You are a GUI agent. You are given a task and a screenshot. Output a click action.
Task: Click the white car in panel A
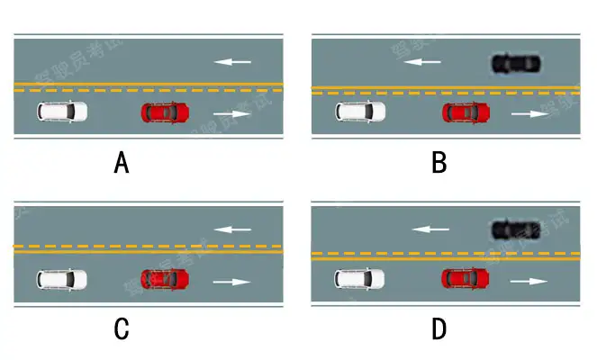(62, 112)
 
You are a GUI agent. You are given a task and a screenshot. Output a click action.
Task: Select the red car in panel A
(165, 112)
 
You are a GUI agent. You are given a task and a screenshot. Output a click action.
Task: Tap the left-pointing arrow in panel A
(232, 62)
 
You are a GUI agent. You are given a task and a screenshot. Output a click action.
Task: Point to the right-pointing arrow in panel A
(232, 114)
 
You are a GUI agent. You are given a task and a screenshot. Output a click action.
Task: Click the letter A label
(122, 164)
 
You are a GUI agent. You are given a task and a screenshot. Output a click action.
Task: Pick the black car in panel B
(516, 63)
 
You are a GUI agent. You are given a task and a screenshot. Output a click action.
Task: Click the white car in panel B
(360, 112)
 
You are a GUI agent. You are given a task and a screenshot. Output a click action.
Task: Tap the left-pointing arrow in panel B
(421, 62)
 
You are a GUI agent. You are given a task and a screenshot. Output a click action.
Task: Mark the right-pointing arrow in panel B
(529, 114)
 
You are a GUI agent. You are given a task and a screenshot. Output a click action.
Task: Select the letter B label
(439, 164)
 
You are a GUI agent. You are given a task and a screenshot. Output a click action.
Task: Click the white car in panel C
(62, 279)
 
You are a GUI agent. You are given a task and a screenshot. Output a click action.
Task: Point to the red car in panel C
(165, 279)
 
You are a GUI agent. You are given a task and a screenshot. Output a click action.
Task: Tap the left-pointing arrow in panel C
(232, 229)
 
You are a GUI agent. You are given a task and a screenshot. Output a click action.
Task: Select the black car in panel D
(516, 229)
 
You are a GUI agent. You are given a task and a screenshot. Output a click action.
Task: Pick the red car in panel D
(466, 279)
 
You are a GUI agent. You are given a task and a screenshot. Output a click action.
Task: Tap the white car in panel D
(360, 279)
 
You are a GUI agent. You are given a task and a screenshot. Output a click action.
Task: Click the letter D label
(439, 330)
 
